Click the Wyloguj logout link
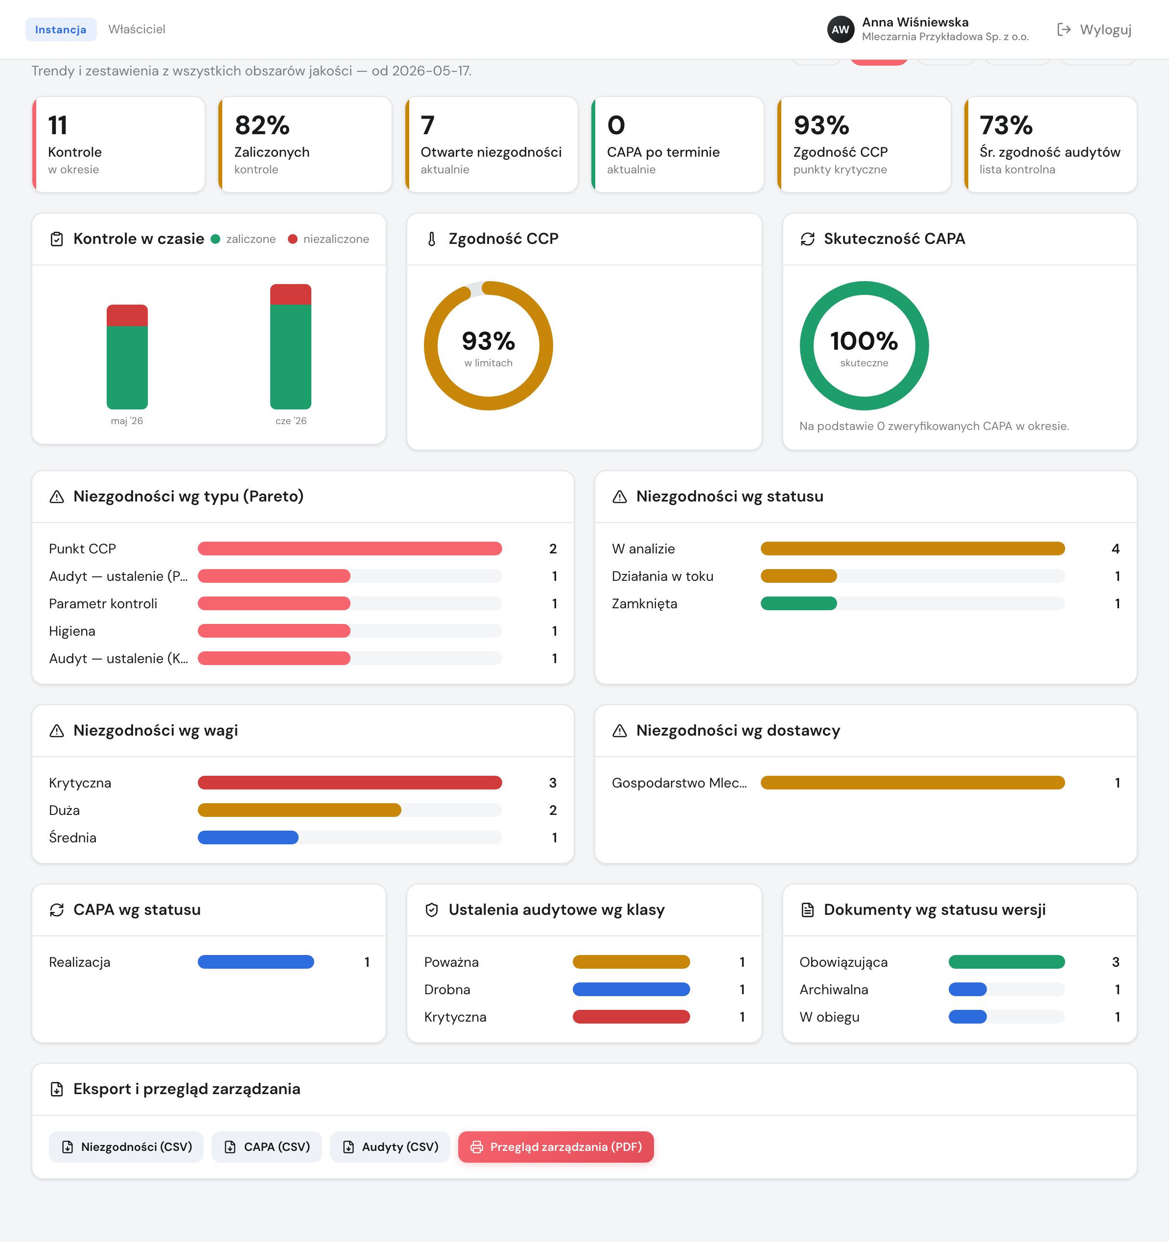coord(1094,29)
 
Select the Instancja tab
coord(61,29)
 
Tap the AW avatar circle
coord(841,29)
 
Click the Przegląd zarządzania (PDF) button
coord(556,1146)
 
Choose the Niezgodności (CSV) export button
coord(126,1146)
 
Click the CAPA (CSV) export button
coord(267,1146)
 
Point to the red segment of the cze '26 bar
coord(290,294)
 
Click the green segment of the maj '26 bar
coord(127,367)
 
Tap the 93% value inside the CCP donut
coord(489,341)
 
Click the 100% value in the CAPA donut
coord(864,341)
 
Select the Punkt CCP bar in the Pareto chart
coord(350,549)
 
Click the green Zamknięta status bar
coord(799,603)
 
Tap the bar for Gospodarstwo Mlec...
coord(912,783)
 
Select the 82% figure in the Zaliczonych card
coord(262,125)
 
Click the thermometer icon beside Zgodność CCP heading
coord(431,239)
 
